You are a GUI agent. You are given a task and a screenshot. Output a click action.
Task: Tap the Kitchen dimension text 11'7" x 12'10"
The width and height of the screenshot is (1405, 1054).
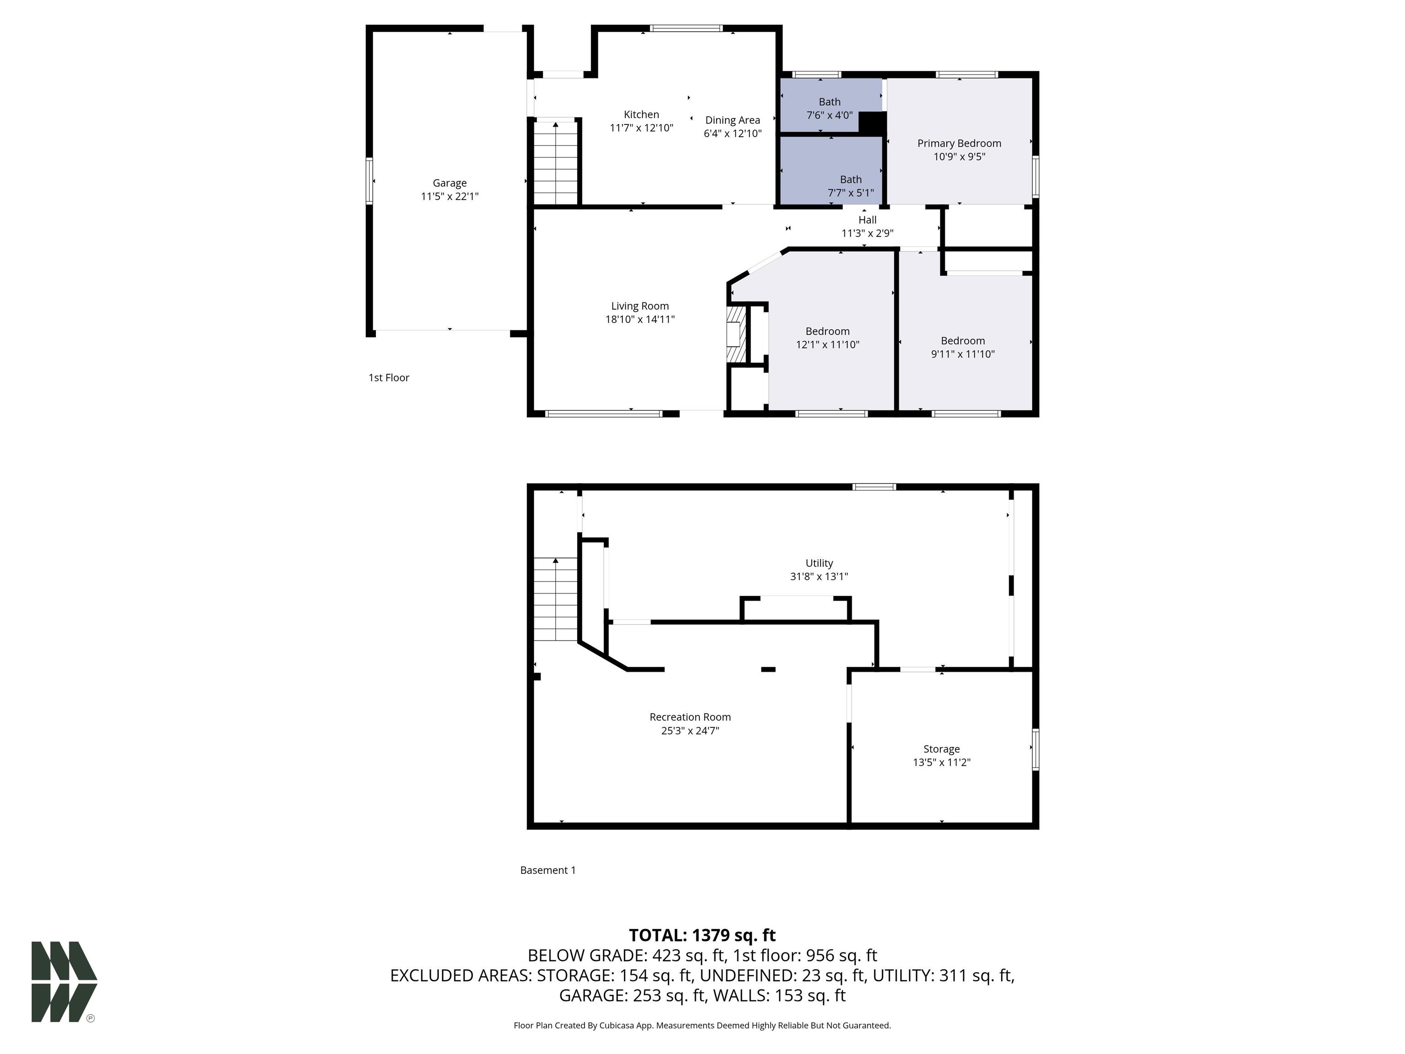point(642,128)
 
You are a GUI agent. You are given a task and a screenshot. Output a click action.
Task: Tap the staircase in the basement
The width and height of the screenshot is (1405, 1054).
point(556,599)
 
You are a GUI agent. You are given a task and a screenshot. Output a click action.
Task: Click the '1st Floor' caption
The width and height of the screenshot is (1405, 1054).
point(389,377)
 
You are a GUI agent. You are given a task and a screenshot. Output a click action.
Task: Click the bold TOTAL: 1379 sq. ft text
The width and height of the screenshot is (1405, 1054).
point(702,935)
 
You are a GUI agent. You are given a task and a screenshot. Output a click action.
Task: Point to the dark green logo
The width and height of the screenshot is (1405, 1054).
point(64,982)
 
